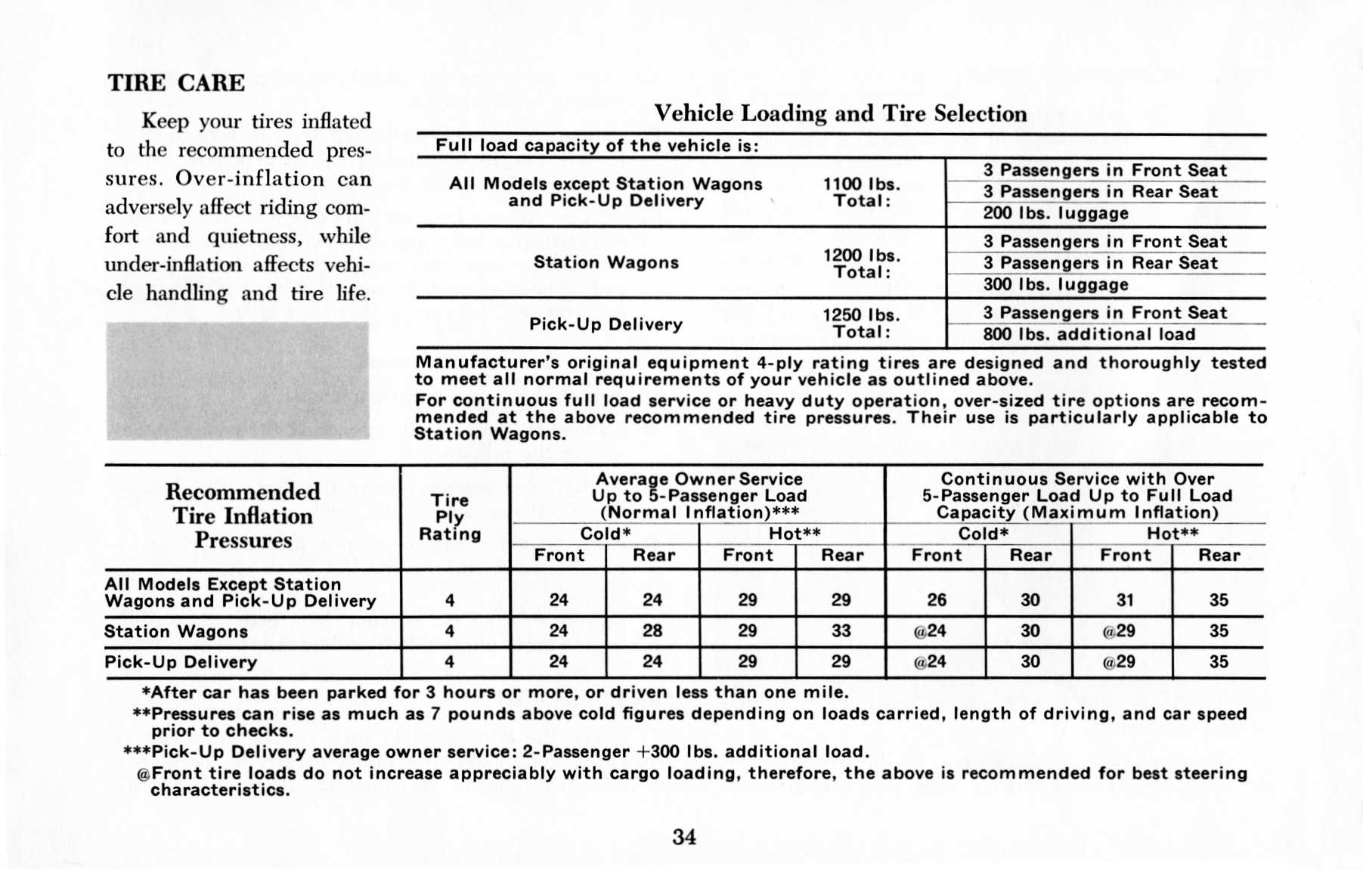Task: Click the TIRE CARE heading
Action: click(x=176, y=82)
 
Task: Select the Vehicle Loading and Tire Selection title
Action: click(x=840, y=113)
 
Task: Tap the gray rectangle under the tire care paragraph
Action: click(x=237, y=381)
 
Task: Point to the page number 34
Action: click(x=684, y=837)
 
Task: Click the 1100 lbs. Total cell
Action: click(x=861, y=193)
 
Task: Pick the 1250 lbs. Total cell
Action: click(x=861, y=324)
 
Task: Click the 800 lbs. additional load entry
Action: click(x=1089, y=335)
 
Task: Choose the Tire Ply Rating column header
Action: click(x=450, y=517)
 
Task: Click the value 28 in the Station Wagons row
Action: click(x=652, y=631)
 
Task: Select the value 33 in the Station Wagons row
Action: click(x=841, y=631)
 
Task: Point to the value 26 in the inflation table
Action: click(x=936, y=600)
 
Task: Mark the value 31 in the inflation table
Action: click(x=1125, y=600)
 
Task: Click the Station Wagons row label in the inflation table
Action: click(x=176, y=632)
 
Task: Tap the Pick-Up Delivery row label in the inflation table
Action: click(x=181, y=662)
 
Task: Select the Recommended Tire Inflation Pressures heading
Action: click(x=243, y=516)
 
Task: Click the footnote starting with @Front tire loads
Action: click(x=692, y=782)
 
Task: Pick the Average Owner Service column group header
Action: click(x=699, y=496)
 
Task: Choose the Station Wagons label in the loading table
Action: click(x=606, y=262)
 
